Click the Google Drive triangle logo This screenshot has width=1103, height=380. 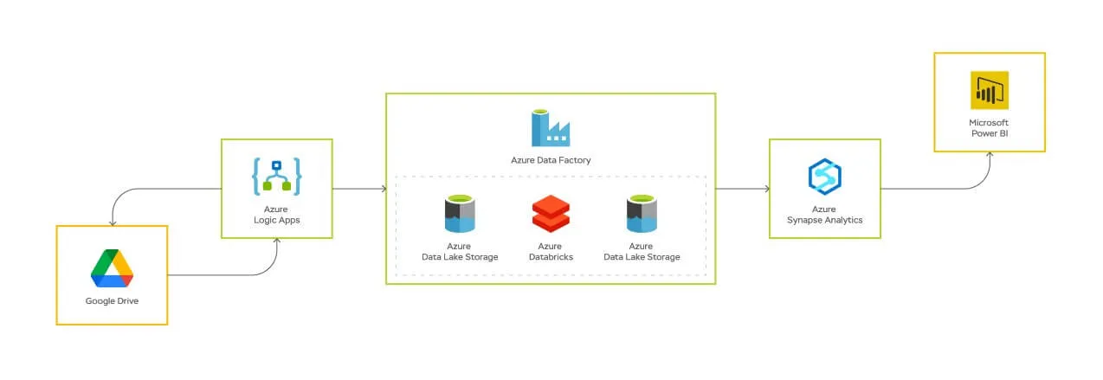(112, 267)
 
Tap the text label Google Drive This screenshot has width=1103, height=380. (112, 301)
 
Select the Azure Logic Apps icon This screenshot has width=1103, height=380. (276, 176)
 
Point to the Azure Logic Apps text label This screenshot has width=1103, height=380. (276, 215)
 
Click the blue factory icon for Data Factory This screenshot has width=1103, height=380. (551, 126)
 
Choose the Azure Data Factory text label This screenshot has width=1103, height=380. (551, 160)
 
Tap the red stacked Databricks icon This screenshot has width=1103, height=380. (551, 214)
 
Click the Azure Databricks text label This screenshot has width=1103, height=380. (551, 251)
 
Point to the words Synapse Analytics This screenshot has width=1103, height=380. (824, 220)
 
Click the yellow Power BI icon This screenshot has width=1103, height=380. (989, 90)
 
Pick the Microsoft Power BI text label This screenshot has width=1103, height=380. (989, 128)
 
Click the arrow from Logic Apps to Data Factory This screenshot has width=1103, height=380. (358, 188)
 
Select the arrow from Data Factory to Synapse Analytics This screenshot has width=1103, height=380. (743, 188)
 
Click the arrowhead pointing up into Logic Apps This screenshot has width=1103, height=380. (276, 242)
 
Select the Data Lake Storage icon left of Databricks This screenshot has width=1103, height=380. (460, 214)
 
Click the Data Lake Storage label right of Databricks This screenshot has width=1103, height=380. (642, 251)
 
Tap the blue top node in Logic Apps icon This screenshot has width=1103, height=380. (276, 164)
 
